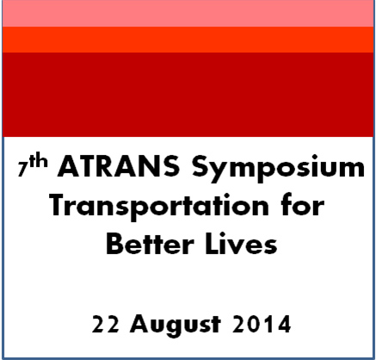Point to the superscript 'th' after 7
click(x=37, y=163)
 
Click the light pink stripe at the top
click(x=188, y=14)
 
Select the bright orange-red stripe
click(x=188, y=40)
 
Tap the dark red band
click(x=188, y=95)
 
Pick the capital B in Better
click(x=114, y=245)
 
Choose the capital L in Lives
click(x=214, y=245)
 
